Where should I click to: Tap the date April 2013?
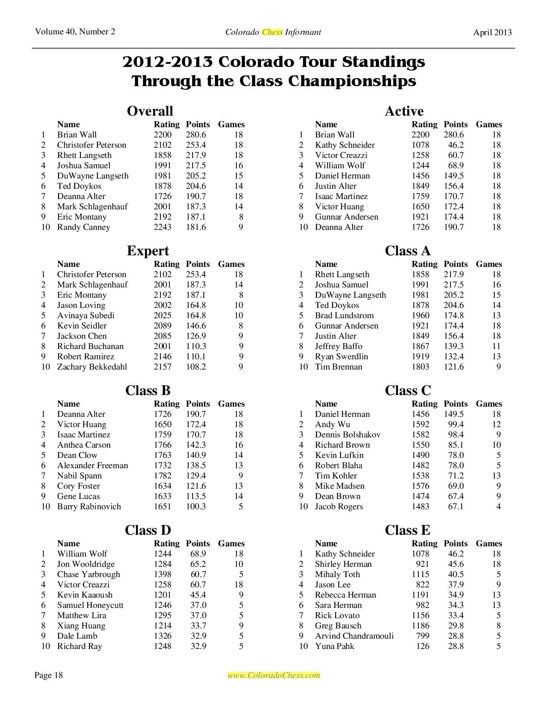(492, 32)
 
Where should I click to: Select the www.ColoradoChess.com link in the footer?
(273, 675)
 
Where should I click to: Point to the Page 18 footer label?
(49, 675)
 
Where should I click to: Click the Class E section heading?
(407, 530)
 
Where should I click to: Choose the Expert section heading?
(148, 251)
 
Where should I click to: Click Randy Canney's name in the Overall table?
(84, 227)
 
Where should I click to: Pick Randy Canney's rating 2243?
(163, 227)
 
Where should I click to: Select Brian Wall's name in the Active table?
(335, 135)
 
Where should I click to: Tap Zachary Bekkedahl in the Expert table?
(92, 367)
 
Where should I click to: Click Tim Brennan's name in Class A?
(338, 367)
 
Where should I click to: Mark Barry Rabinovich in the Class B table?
(89, 507)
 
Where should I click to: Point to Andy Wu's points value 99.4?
(456, 424)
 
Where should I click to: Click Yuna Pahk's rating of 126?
(422, 646)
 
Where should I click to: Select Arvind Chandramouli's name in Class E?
(354, 636)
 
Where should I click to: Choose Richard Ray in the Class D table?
(80, 646)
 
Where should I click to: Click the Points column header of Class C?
(455, 404)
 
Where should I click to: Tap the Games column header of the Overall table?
(231, 125)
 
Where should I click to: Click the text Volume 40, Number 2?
(75, 32)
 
